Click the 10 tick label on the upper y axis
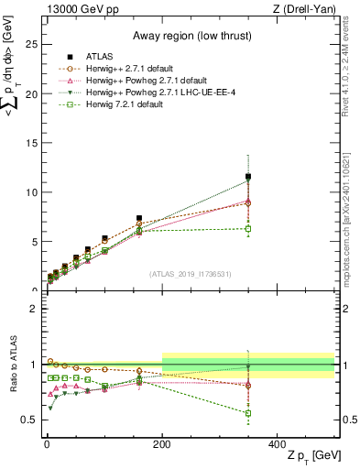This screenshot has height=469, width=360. coord(32,192)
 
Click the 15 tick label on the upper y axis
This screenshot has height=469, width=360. coord(32,143)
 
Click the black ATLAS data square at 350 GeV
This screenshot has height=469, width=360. coord(248,177)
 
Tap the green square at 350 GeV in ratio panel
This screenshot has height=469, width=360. coord(248,413)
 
